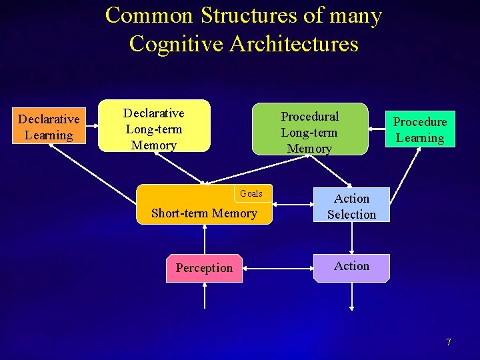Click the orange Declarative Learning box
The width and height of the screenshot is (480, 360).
[x=49, y=127]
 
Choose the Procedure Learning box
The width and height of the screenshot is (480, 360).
[x=419, y=129]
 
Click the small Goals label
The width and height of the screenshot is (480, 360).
[x=251, y=193]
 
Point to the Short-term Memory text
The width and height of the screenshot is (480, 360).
[x=204, y=213]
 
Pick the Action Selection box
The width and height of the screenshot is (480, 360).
[x=351, y=206]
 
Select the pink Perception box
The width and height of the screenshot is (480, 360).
[x=204, y=268]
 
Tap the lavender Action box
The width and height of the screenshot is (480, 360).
[x=351, y=266]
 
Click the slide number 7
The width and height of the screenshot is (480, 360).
[x=449, y=342]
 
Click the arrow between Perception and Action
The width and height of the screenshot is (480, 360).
[x=278, y=268]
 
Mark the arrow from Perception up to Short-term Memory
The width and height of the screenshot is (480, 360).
[x=205, y=239]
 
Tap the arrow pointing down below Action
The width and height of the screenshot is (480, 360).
[x=352, y=297]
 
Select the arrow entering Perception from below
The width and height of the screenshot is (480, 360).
[x=205, y=296]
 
